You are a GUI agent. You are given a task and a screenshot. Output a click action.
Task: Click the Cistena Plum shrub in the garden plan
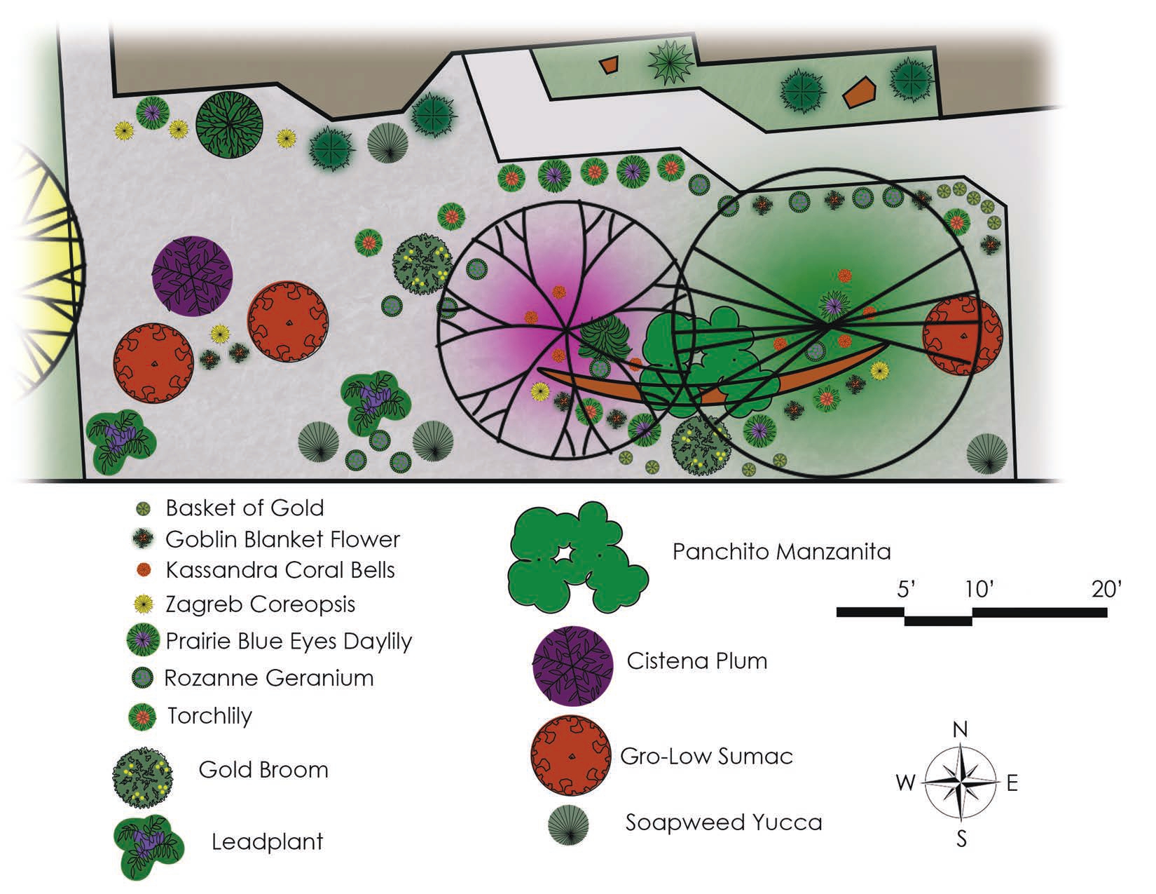coord(192,276)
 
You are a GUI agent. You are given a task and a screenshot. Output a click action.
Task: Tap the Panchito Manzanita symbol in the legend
coord(577,557)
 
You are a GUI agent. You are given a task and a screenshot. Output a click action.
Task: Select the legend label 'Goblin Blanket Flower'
coord(282,539)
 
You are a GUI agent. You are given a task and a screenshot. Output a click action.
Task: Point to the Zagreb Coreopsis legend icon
coord(144,603)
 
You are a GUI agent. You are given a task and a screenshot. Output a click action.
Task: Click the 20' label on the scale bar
coord(1106,590)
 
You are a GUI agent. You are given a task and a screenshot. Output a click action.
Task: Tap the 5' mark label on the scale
coord(907,590)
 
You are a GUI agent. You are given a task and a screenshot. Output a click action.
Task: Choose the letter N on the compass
coord(961,729)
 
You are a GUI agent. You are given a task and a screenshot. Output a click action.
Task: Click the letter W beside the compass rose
coord(906,783)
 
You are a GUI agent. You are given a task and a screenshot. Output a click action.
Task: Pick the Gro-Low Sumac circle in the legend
coord(570,757)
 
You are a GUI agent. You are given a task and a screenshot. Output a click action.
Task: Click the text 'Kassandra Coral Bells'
coord(280,570)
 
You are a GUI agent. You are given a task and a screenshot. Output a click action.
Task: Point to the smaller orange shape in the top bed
coord(610,65)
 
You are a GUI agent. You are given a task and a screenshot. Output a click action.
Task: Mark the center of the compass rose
coord(961,783)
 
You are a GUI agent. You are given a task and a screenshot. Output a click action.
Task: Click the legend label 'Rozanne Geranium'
coord(269,678)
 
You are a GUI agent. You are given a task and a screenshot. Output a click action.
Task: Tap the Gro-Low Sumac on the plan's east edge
coord(962,336)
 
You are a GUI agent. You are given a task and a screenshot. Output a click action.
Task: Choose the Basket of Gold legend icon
coord(144,508)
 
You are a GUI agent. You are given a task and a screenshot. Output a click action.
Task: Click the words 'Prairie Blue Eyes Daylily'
coord(289,641)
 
